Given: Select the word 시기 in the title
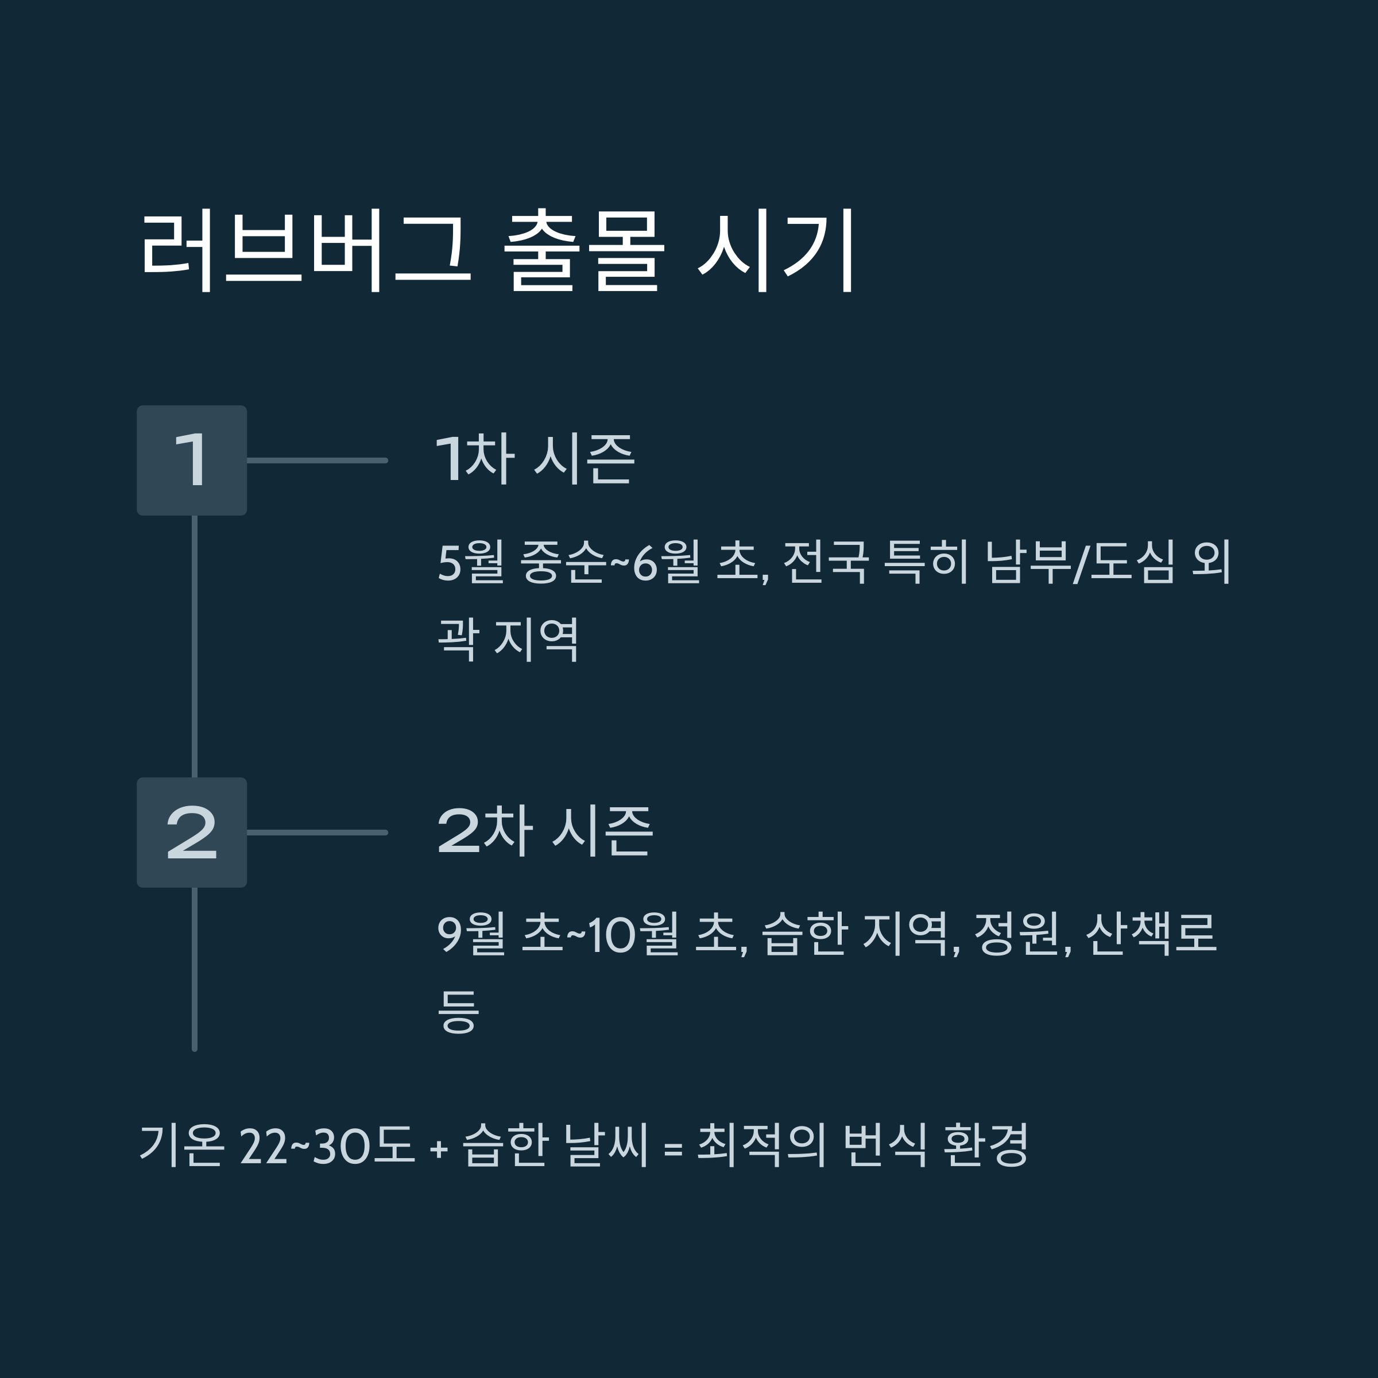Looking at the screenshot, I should (776, 250).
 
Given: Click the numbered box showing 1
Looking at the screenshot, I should (192, 460).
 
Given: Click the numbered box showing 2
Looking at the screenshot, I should (192, 833).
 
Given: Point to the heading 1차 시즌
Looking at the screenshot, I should (535, 459).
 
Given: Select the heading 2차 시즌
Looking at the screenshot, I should (544, 831).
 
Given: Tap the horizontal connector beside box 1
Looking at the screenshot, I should (317, 460).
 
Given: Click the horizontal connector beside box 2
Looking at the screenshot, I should (317, 833).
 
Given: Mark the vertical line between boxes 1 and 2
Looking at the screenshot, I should (195, 645).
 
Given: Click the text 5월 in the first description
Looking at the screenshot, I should (471, 562).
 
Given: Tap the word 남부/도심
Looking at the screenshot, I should (1080, 562).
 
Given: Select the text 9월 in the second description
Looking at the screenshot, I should (471, 934).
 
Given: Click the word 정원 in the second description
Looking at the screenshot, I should (1018, 934).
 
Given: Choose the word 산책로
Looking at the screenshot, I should (1151, 934).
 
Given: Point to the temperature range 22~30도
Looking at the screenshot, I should (327, 1146).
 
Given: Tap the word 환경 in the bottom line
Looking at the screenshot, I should (986, 1146).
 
